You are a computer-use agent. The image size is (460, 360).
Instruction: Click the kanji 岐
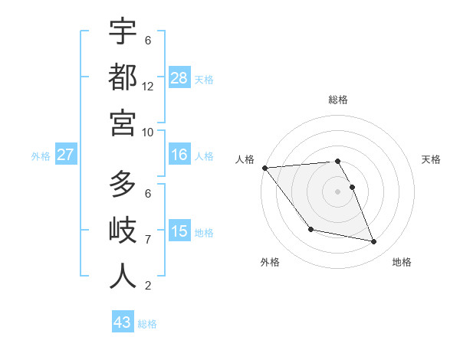pyautogui.click(x=123, y=230)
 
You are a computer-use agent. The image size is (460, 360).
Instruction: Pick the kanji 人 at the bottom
pyautogui.click(x=123, y=276)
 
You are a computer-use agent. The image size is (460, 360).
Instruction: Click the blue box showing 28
pyautogui.click(x=179, y=78)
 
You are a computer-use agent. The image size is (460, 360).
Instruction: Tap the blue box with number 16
pyautogui.click(x=179, y=155)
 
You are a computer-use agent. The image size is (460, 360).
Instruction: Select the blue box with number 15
pyautogui.click(x=179, y=232)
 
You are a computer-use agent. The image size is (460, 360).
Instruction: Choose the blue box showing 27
pyautogui.click(x=65, y=155)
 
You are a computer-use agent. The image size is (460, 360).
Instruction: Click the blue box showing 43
pyautogui.click(x=123, y=322)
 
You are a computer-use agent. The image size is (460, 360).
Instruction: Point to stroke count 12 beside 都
pyautogui.click(x=148, y=87)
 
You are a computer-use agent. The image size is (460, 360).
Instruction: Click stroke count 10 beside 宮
pyautogui.click(x=148, y=132)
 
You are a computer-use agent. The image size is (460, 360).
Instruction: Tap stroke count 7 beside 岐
pyautogui.click(x=148, y=240)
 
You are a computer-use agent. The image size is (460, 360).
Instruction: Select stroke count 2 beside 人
pyautogui.click(x=148, y=286)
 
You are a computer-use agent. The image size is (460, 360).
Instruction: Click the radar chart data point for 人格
pyautogui.click(x=264, y=168)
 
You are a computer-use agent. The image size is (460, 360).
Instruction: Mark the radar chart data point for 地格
pyautogui.click(x=374, y=242)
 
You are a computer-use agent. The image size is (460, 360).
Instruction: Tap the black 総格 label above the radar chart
pyautogui.click(x=338, y=100)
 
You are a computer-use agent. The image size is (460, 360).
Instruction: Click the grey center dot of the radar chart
pyautogui.click(x=338, y=191)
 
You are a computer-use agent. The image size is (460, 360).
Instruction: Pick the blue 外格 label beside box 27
pyautogui.click(x=41, y=156)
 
